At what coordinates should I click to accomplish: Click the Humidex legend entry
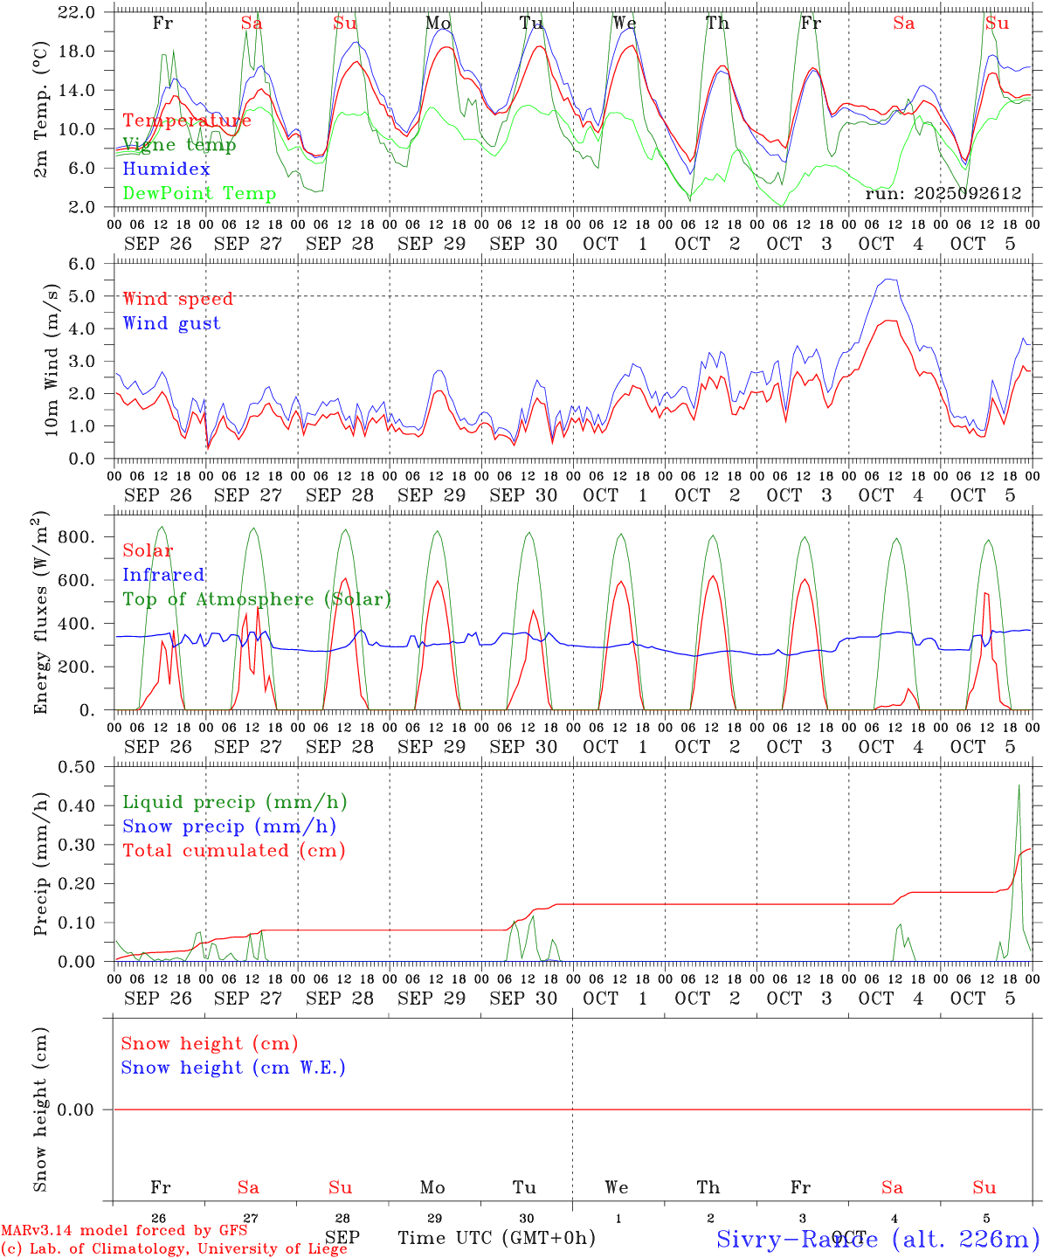click(x=166, y=169)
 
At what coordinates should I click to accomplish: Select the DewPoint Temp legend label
click(x=199, y=194)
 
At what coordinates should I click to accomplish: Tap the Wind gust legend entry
click(x=171, y=323)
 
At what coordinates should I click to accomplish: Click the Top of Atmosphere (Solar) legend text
click(x=256, y=599)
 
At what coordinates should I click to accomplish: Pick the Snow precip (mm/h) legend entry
click(x=229, y=826)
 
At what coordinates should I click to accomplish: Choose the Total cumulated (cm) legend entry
click(x=233, y=851)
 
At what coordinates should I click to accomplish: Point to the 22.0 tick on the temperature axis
click(x=79, y=12)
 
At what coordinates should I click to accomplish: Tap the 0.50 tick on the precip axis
click(x=77, y=767)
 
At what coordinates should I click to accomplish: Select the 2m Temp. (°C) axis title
click(x=40, y=109)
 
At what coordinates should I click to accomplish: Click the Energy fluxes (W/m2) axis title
click(x=40, y=614)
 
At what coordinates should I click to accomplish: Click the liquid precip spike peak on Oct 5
click(x=1019, y=785)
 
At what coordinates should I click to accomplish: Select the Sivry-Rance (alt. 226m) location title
click(x=877, y=1238)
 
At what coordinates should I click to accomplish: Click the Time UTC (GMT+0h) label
click(x=496, y=1238)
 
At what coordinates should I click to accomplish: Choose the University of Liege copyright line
click(x=174, y=1249)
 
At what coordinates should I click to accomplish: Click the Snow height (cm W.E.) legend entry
click(x=232, y=1068)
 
